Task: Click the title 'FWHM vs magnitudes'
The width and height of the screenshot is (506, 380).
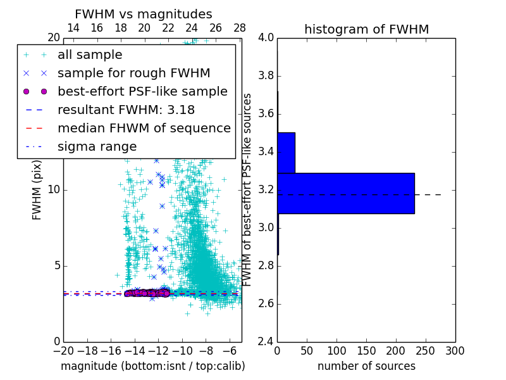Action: (x=144, y=14)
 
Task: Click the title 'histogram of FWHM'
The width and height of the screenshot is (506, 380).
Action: (x=366, y=29)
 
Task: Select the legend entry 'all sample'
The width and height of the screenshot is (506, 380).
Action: (x=90, y=55)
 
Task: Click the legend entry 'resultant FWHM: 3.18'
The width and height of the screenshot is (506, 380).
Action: (x=126, y=110)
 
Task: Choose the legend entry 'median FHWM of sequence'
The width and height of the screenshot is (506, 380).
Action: (x=144, y=128)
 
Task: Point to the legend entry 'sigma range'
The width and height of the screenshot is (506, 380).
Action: (x=97, y=146)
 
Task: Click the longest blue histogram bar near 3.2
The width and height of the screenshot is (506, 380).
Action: (x=345, y=193)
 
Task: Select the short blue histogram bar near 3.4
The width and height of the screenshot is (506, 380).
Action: (x=286, y=153)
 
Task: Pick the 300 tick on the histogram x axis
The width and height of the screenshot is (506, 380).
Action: (x=455, y=350)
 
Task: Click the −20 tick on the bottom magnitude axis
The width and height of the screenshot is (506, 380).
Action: (x=63, y=350)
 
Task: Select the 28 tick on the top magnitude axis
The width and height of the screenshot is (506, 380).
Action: (x=240, y=28)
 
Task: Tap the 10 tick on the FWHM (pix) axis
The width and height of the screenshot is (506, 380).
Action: (x=54, y=189)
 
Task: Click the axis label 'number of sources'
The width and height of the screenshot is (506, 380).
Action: (x=366, y=366)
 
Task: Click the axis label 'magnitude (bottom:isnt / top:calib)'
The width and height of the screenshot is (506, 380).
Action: (x=152, y=366)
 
